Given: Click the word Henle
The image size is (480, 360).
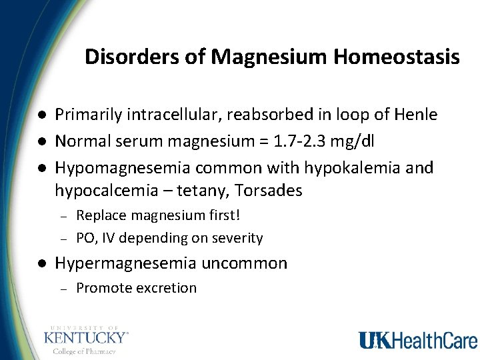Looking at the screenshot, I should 417,115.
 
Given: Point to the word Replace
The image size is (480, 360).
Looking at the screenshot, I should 99,215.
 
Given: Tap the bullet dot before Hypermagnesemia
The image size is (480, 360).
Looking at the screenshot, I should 41,263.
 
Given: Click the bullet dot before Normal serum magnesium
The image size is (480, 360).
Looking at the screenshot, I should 41,141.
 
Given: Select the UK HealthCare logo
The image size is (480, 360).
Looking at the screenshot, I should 418,340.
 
